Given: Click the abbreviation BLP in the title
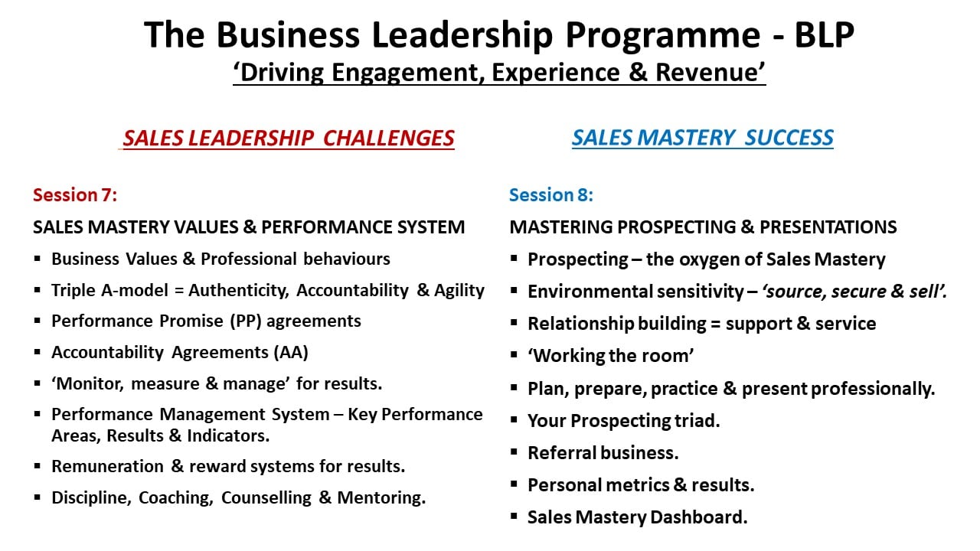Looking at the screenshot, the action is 825,34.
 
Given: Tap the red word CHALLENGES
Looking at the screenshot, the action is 388,139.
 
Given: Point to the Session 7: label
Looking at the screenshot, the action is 75,195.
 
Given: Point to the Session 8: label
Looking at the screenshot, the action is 551,195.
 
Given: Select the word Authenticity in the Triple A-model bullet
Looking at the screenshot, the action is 239,291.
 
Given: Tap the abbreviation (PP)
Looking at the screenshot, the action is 246,321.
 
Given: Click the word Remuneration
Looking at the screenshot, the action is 108,466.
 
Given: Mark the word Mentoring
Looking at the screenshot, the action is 381,497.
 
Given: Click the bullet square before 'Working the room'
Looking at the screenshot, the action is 514,354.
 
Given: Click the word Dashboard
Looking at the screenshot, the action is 699,517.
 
